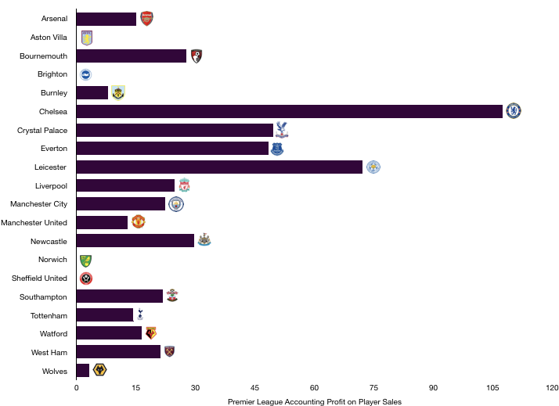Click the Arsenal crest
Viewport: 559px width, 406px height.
146,19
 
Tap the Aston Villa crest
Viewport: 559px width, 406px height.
87,38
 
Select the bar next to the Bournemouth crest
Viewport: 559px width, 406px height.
132,56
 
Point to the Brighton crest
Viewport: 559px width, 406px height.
85,74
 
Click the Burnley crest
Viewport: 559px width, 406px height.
118,93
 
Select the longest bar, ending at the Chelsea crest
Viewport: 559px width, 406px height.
290,111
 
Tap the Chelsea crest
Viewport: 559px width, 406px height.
513,111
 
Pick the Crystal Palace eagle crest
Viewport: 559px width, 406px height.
282,130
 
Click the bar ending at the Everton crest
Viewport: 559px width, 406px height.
172,149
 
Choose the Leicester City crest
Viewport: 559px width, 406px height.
373,167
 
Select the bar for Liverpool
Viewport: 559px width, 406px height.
125,185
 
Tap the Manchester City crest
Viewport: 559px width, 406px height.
176,204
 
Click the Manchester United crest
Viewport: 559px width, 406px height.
139,222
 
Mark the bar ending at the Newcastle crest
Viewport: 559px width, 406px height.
135,240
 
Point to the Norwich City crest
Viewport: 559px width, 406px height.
85,260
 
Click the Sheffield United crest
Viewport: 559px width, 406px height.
86,278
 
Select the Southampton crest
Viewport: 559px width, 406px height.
172,296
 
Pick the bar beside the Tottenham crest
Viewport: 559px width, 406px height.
104,314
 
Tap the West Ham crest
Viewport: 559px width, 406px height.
169,352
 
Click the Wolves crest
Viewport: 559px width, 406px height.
99,370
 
